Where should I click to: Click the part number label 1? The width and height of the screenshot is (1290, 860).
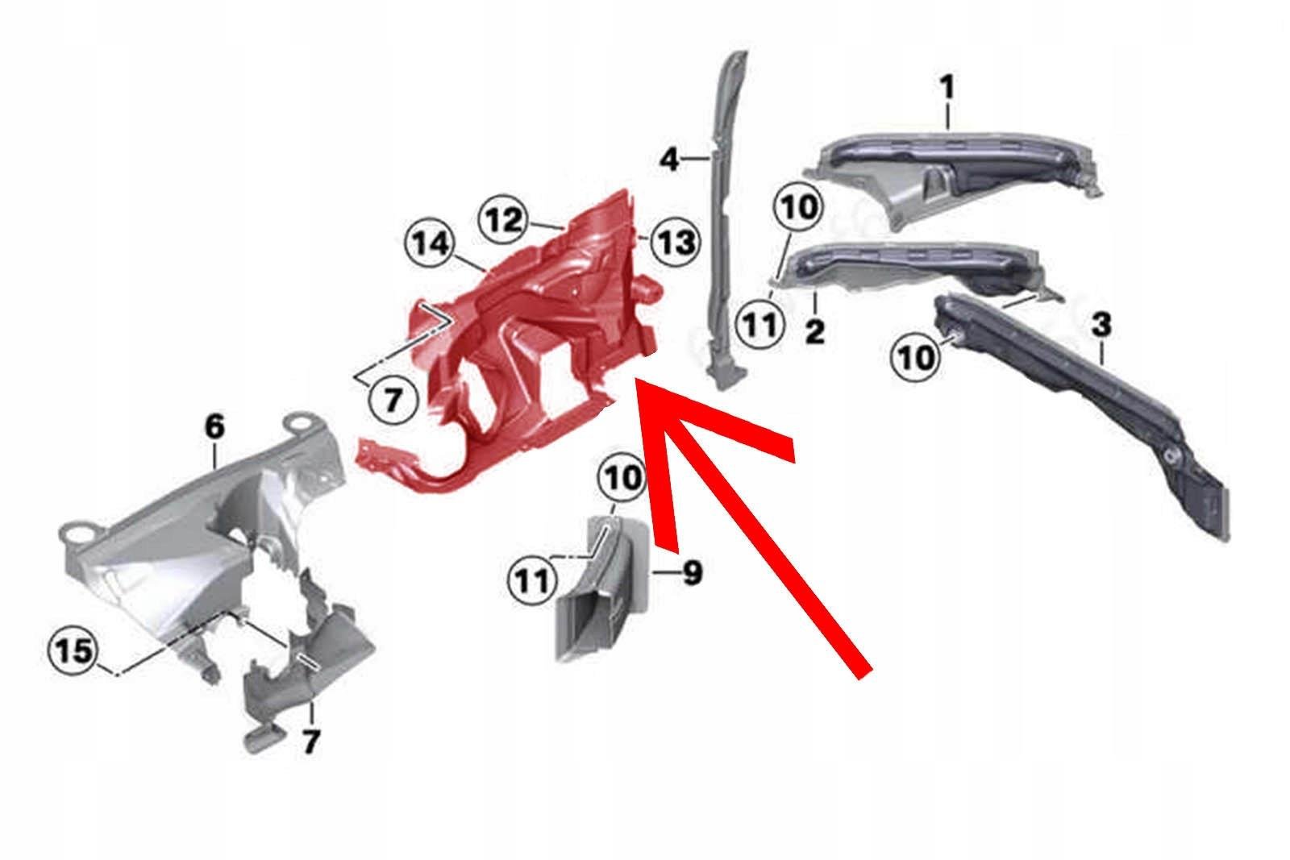point(947,88)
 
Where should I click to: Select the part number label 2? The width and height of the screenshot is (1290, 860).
point(815,330)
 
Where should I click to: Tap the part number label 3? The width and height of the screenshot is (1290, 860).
point(1101,326)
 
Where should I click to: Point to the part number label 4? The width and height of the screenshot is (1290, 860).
point(669,160)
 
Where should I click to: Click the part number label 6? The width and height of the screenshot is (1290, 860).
point(214,427)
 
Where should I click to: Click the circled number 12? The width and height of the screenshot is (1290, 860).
point(505,220)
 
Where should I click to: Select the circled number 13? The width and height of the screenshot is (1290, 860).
point(674,241)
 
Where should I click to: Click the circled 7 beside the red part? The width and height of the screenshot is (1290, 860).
point(392,399)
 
